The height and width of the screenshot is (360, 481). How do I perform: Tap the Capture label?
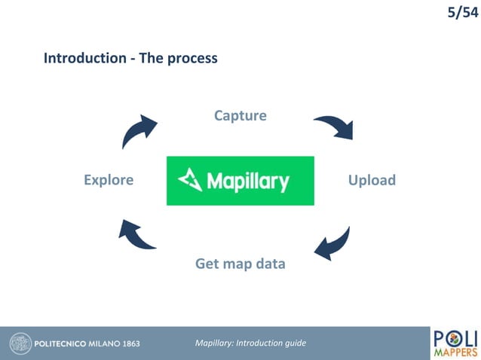(240, 115)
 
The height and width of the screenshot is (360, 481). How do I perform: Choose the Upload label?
(371, 180)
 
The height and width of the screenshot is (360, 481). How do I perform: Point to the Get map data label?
(240, 264)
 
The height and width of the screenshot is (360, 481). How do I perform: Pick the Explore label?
(109, 180)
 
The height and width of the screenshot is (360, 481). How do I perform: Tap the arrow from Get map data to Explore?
(138, 234)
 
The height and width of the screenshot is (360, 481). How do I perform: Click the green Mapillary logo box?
(240, 180)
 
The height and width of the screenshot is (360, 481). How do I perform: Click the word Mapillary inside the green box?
(247, 182)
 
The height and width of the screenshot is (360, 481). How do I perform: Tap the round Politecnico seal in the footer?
(19, 343)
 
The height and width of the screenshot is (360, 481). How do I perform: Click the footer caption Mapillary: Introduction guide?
(250, 343)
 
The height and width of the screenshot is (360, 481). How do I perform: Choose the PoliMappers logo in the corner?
(455, 343)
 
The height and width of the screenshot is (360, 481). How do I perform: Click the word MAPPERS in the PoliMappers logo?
(455, 352)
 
